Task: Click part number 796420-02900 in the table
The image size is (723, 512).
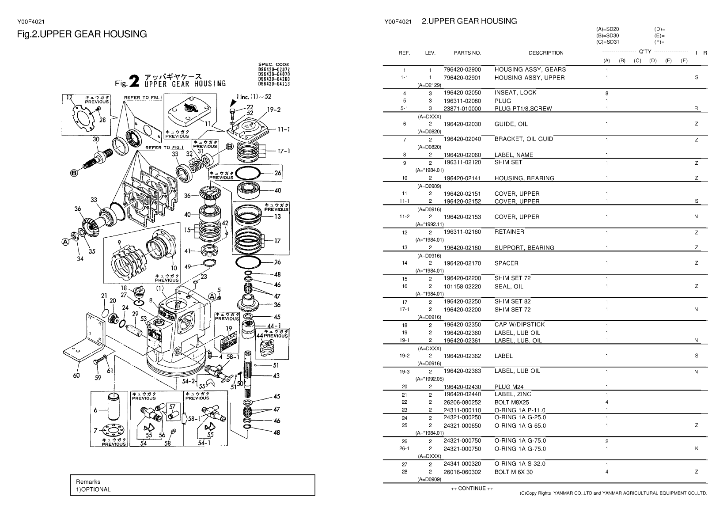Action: [462, 70]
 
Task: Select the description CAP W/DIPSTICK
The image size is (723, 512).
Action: [519, 325]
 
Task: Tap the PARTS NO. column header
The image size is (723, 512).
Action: [467, 53]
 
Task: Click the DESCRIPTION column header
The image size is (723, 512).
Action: [546, 53]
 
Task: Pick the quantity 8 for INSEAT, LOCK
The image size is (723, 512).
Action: [607, 93]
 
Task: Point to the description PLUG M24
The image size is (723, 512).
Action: [509, 387]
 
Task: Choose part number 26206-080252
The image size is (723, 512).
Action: [462, 402]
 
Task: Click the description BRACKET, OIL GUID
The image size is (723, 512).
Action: [524, 139]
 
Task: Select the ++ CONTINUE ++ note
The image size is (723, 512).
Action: [472, 488]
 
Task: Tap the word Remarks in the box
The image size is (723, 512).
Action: [88, 482]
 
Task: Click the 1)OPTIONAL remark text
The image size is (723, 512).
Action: [93, 489]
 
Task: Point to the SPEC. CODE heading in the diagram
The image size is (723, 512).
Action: [274, 64]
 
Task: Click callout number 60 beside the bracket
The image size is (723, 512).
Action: [76, 376]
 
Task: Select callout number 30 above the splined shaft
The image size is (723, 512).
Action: [96, 139]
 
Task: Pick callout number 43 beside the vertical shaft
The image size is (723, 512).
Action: [276, 376]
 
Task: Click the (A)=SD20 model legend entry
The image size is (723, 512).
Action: [607, 29]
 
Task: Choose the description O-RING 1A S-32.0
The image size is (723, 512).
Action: [520, 464]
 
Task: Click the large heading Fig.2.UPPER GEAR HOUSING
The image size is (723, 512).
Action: [82, 34]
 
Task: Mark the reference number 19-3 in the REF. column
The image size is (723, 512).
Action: [405, 372]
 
